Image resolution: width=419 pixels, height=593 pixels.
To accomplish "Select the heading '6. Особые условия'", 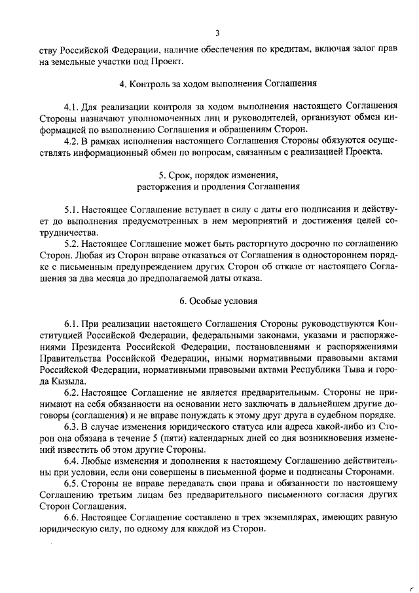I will tap(218, 301).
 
